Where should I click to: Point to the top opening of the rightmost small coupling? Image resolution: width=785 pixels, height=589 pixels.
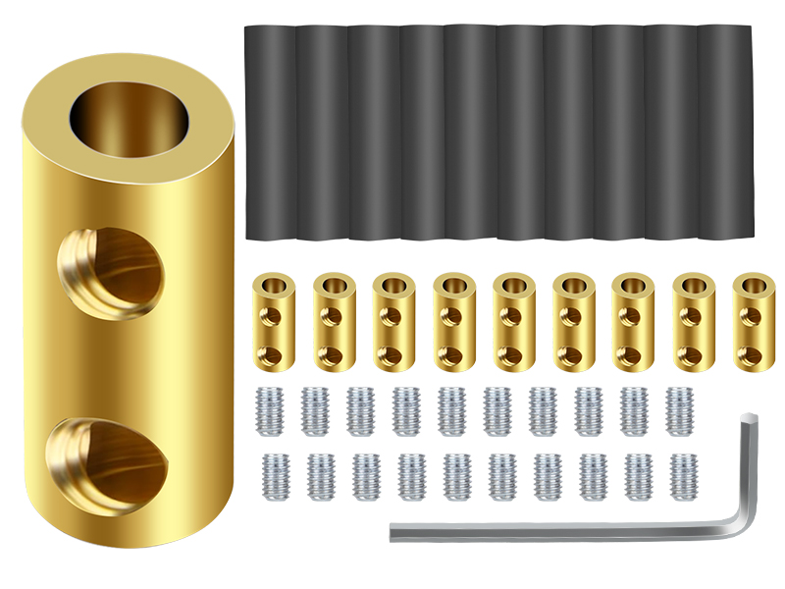(754, 286)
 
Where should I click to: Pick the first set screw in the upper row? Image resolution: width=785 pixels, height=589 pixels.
(269, 410)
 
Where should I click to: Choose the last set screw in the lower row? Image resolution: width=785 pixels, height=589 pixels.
(683, 476)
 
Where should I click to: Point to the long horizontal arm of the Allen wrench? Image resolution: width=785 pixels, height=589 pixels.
(559, 531)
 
